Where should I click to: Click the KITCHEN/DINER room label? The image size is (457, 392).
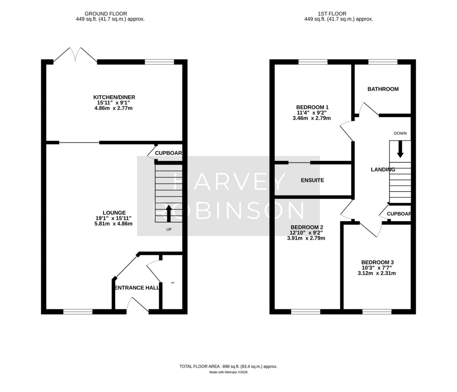[114, 97]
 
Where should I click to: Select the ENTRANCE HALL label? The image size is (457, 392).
[137, 288]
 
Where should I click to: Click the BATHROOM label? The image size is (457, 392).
[383, 89]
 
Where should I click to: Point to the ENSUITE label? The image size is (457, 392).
[312, 181]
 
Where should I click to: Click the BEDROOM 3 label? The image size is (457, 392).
[377, 262]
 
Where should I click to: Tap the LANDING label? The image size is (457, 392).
[383, 170]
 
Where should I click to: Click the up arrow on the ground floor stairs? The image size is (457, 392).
[169, 214]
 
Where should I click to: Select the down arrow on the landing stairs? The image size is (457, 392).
[400, 149]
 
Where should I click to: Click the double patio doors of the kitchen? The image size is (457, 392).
[75, 55]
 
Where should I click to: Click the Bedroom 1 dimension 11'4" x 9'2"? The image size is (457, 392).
[312, 113]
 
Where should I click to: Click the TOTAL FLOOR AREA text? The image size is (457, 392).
[228, 367]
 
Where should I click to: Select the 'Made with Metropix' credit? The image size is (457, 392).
[228, 372]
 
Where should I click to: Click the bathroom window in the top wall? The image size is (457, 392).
[382, 62]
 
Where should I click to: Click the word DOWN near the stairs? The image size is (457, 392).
[400, 134]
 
